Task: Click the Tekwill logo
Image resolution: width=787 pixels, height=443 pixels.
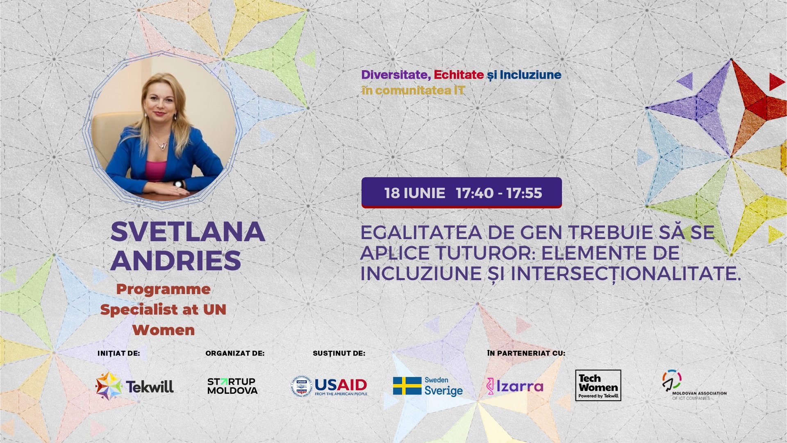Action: coord(134,386)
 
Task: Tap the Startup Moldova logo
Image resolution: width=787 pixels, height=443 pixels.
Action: coord(232,386)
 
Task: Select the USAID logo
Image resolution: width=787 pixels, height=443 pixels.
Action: coord(329,386)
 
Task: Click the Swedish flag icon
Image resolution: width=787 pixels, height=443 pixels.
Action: coord(407,386)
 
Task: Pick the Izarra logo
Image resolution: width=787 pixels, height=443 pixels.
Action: coord(515,386)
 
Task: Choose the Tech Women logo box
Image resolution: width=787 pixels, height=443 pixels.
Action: coord(598,386)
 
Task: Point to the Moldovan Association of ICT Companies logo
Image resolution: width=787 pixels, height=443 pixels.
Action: coord(694,385)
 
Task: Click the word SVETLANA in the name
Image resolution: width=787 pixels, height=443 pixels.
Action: coord(188,232)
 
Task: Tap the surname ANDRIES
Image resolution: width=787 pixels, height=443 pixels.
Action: coord(175,260)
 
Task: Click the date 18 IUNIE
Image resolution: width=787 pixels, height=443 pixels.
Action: coord(415,193)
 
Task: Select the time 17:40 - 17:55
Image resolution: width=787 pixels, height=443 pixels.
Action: coord(499,193)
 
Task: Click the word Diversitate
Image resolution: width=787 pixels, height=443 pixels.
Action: coord(396,75)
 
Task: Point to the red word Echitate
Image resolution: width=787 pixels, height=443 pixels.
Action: coord(459,75)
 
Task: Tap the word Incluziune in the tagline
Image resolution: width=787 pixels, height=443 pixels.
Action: coord(530,75)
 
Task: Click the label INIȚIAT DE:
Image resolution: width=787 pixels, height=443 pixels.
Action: coord(119,354)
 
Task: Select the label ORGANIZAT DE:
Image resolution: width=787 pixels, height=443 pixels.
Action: coord(235,353)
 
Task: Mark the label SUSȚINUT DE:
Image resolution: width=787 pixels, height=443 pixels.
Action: coord(339,354)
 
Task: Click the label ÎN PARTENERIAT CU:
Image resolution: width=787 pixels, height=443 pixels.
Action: coord(526,353)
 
